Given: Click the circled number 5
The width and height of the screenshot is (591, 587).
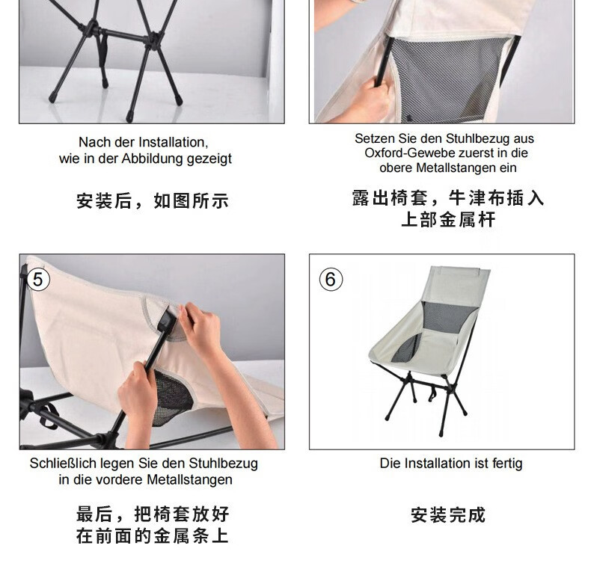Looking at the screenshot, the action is coord(38,280).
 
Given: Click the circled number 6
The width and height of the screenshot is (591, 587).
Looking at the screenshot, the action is coord(331,280).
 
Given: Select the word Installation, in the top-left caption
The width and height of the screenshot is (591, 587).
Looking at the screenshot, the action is coord(174,142).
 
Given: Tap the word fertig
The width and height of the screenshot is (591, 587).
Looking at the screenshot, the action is coord(507,464).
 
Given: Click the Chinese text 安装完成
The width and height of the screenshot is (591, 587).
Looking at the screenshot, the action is coord(448,515).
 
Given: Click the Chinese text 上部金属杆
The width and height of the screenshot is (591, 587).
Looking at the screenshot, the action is coord(448,220).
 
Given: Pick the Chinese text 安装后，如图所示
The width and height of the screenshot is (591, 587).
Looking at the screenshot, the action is coord(153,201).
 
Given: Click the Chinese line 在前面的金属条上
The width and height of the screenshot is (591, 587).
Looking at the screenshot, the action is coord(153,536).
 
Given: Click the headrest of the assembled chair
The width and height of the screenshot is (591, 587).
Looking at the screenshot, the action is coord(461,272).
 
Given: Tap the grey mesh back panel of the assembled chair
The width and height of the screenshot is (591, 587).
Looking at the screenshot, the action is coord(448,316).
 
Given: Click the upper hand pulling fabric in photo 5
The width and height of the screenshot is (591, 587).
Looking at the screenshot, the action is coord(200,324).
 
